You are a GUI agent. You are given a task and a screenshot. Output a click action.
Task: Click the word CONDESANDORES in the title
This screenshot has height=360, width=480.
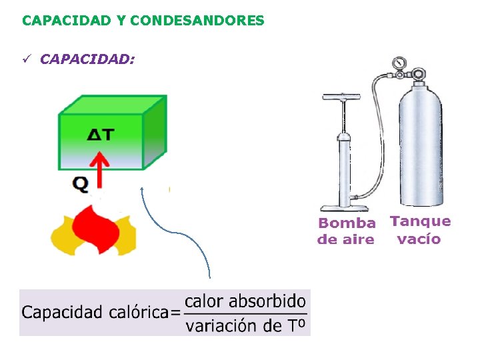point(197,21)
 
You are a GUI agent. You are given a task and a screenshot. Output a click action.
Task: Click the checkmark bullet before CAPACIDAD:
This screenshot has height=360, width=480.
point(27,60)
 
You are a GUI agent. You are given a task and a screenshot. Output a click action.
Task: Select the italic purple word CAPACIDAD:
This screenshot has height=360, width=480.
point(87,59)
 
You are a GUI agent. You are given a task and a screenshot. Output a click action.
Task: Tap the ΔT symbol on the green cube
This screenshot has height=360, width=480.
point(101,135)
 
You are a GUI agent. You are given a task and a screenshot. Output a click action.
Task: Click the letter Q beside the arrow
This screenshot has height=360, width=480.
point(80,183)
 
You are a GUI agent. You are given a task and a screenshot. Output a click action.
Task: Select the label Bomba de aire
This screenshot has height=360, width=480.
point(346,231)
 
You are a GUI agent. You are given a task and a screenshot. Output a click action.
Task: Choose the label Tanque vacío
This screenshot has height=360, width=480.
point(420,230)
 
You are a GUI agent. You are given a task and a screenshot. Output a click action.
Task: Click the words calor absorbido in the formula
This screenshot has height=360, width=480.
point(245,301)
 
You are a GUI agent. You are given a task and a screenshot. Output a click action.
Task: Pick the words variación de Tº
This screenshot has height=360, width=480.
point(245,325)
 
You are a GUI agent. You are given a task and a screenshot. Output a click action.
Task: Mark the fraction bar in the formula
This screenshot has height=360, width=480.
point(245,313)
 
